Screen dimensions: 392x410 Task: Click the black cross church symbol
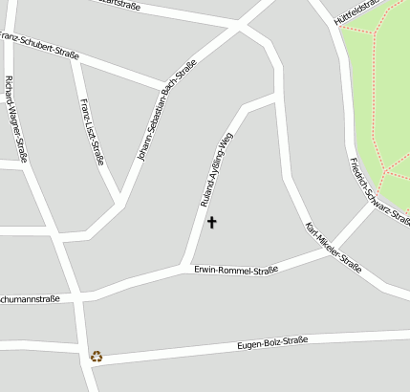(x=212, y=223)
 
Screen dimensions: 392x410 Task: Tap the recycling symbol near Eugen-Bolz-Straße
(x=97, y=357)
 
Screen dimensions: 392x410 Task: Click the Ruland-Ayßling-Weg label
(x=217, y=169)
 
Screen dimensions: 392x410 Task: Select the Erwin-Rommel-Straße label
(x=235, y=271)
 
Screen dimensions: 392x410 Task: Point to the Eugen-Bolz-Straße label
(x=271, y=341)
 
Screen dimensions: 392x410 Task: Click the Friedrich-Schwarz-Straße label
(x=378, y=190)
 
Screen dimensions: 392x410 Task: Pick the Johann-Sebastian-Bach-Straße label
(x=167, y=110)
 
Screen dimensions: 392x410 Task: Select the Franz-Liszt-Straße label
(x=92, y=132)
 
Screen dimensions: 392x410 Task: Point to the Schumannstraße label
(x=29, y=299)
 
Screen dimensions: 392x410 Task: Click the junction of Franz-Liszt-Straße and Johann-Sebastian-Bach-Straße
(x=120, y=203)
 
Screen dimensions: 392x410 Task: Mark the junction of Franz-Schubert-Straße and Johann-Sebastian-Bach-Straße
(x=173, y=84)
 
